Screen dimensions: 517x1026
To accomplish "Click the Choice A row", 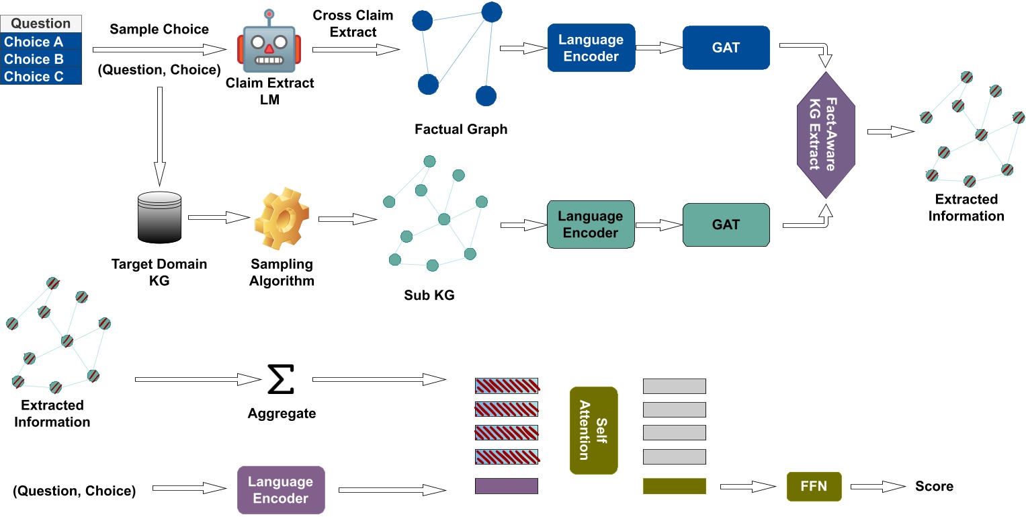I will tap(41, 42).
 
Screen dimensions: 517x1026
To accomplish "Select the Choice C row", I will tap(41, 77).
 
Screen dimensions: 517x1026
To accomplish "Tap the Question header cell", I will tap(41, 24).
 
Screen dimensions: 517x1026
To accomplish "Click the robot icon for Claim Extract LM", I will tap(269, 44).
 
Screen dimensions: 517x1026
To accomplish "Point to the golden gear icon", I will tap(282, 219).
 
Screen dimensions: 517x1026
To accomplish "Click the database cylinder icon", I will tap(159, 217).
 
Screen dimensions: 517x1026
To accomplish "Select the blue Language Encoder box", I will tap(591, 48).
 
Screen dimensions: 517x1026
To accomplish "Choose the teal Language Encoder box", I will tap(591, 225).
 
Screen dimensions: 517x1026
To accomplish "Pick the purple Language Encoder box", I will tap(281, 490).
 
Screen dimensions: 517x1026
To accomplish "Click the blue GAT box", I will tap(726, 48).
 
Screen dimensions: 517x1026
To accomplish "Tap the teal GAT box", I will tap(726, 225).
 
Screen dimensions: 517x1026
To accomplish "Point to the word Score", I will tap(934, 486).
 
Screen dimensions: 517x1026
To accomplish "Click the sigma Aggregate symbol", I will tap(281, 380).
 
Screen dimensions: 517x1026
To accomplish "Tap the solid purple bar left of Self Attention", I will tap(507, 486).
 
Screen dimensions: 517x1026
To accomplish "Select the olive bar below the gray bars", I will tap(674, 486).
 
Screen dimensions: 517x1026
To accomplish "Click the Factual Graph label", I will tap(461, 129).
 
